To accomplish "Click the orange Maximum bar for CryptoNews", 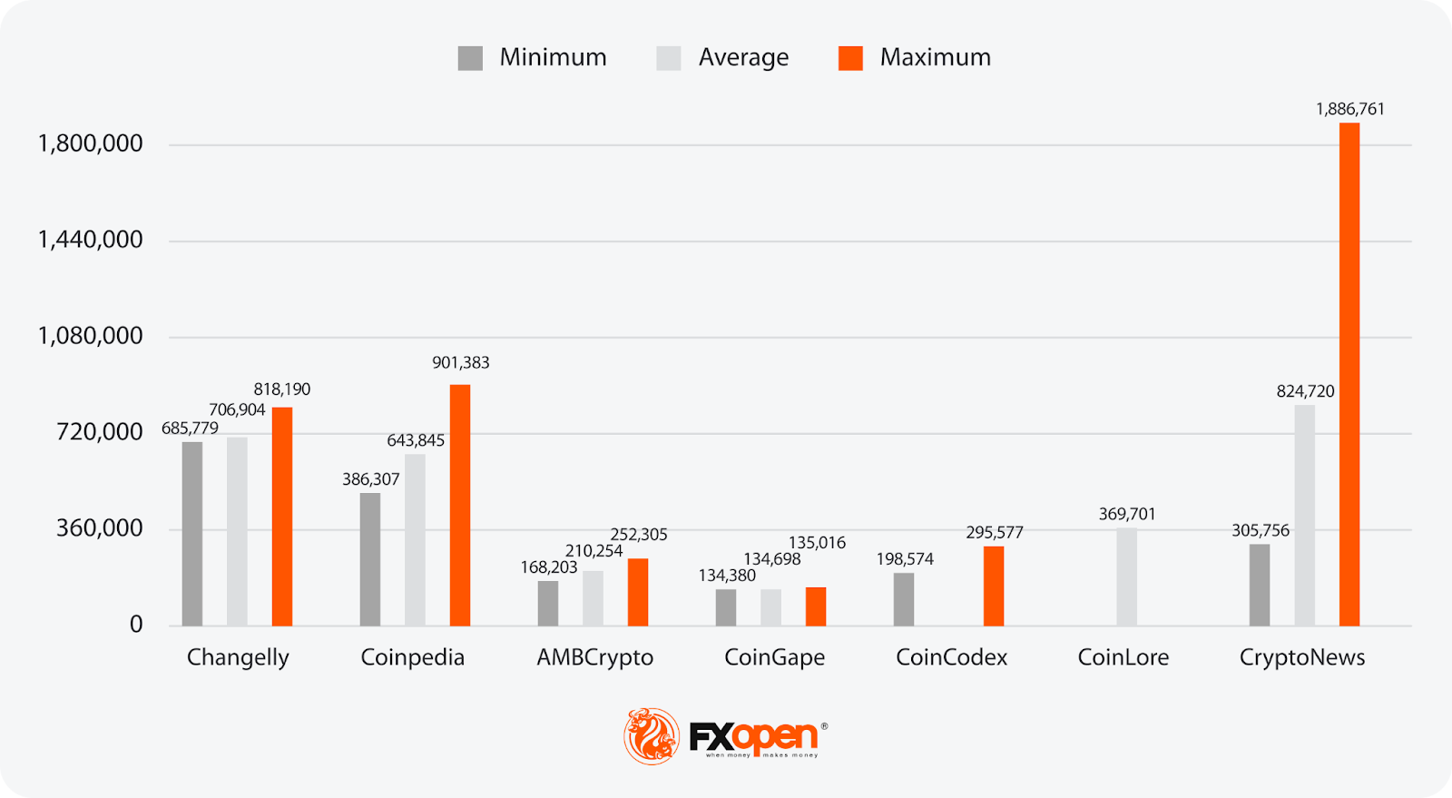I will [1349, 374].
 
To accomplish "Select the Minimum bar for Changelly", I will [191, 534].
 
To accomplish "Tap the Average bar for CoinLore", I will [1126, 576].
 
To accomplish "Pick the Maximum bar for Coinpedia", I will [460, 505].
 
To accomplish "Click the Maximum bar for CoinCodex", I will [994, 586].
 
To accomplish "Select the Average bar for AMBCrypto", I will [593, 598].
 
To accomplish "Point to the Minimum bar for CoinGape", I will [726, 607].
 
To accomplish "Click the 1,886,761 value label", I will [1350, 109].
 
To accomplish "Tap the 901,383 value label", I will [460, 362].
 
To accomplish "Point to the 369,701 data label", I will [1127, 514].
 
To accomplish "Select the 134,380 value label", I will [727, 575].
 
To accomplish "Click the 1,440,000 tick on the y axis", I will [90, 240].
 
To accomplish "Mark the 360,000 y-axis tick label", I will [99, 528].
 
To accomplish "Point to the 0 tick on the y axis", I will [136, 625].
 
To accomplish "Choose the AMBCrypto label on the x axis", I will [594, 657].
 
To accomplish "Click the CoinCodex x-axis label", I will [951, 657].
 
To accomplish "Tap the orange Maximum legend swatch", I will [850, 58].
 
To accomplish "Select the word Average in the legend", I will [743, 57].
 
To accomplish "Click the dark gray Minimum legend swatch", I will [470, 58].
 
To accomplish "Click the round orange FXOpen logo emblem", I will [651, 735].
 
